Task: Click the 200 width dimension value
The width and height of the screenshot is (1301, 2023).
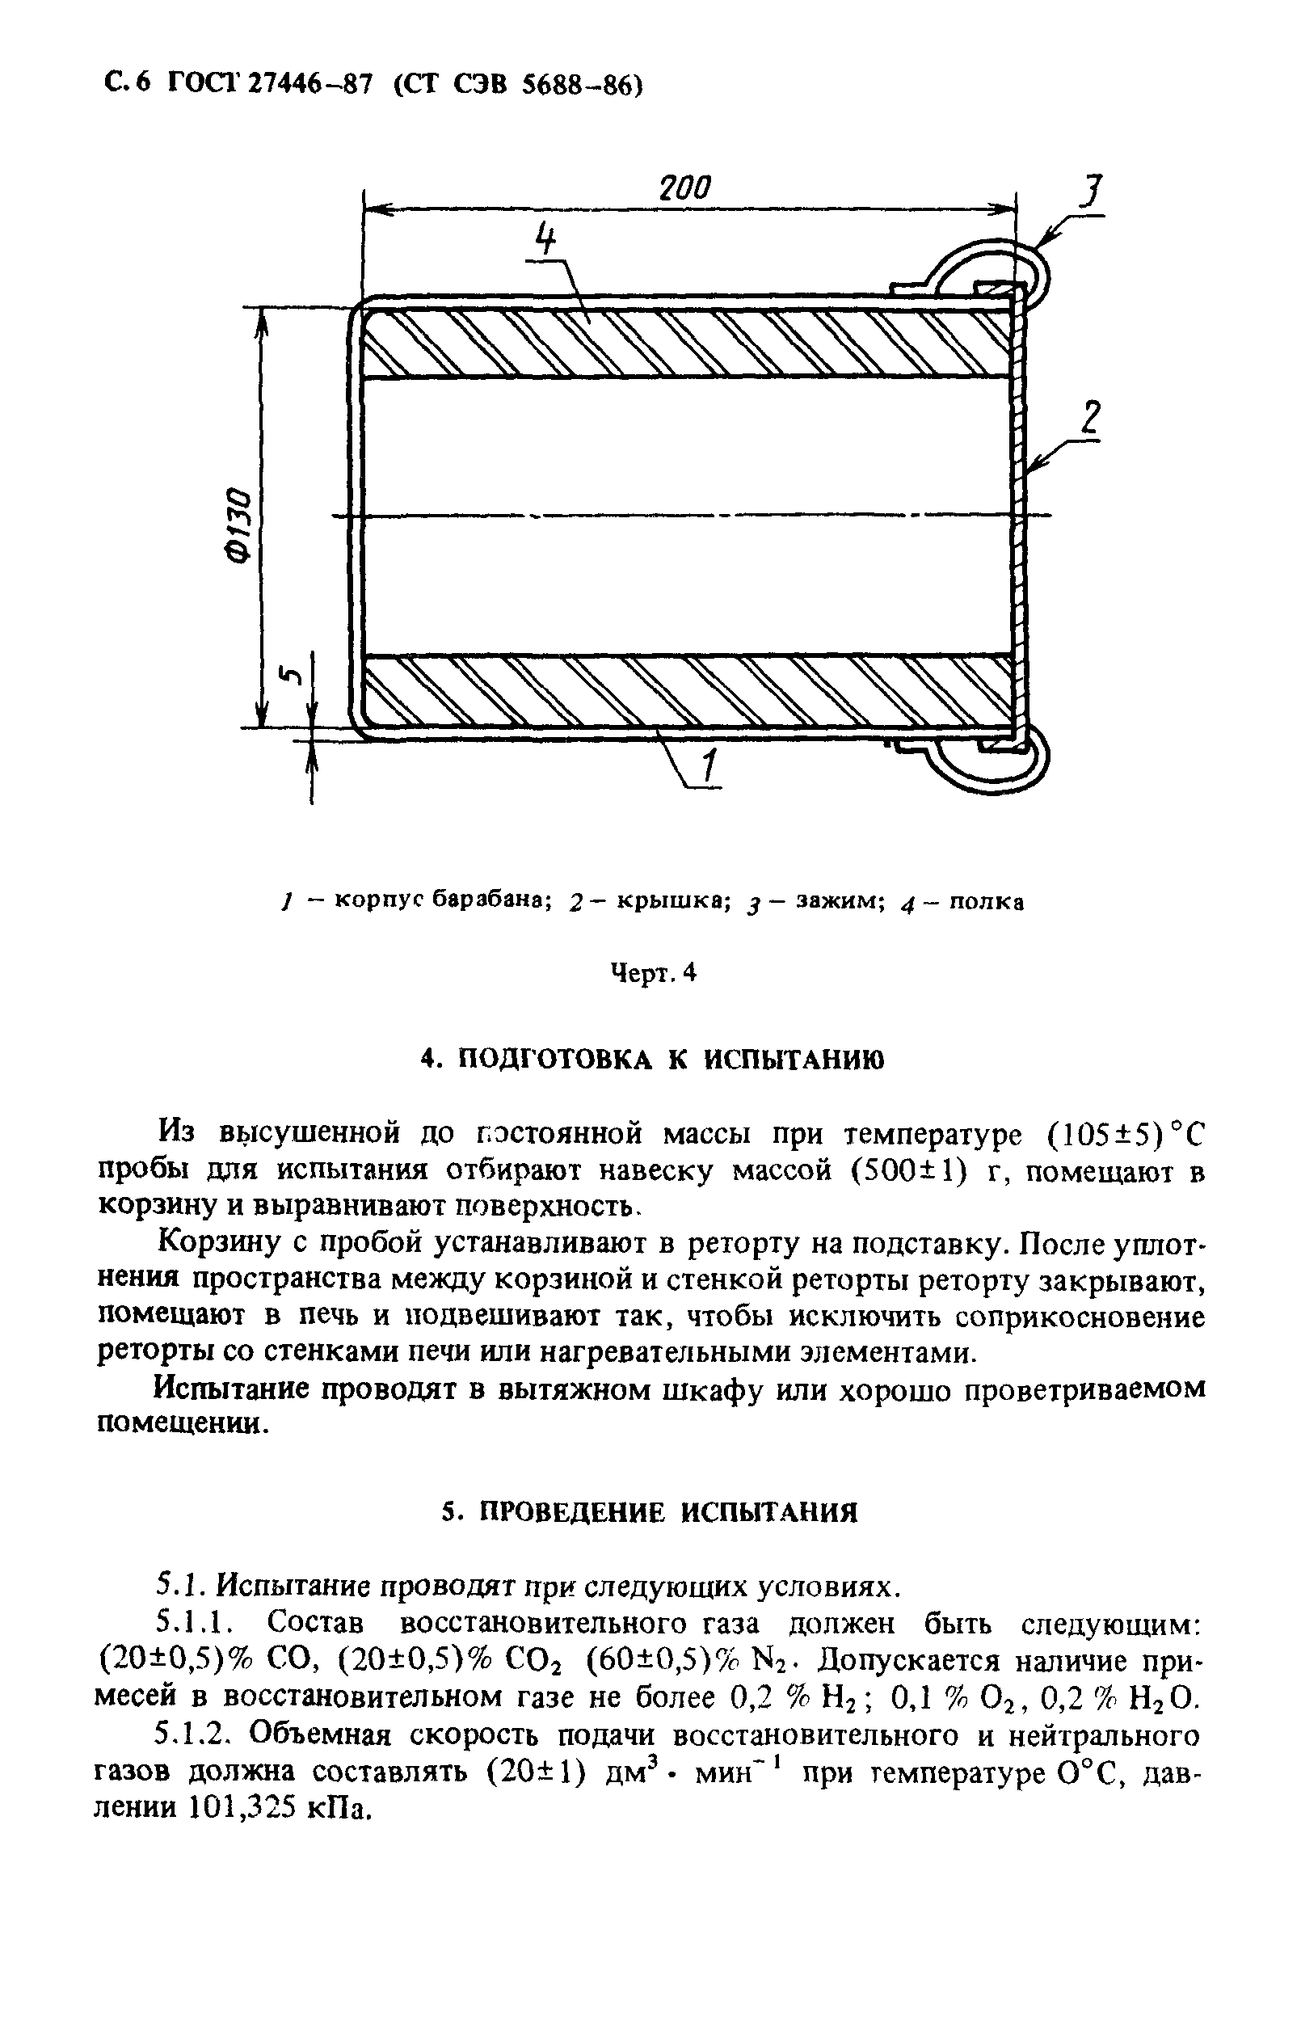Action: tap(685, 188)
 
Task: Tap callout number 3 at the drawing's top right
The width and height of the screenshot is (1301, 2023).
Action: tap(1093, 193)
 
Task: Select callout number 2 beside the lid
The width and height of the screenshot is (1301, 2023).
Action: tap(1091, 419)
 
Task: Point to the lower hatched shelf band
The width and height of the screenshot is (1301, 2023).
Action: tap(686, 690)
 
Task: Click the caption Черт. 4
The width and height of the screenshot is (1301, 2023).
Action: tap(653, 973)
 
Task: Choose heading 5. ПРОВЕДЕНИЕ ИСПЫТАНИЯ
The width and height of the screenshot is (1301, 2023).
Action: tap(650, 1512)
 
